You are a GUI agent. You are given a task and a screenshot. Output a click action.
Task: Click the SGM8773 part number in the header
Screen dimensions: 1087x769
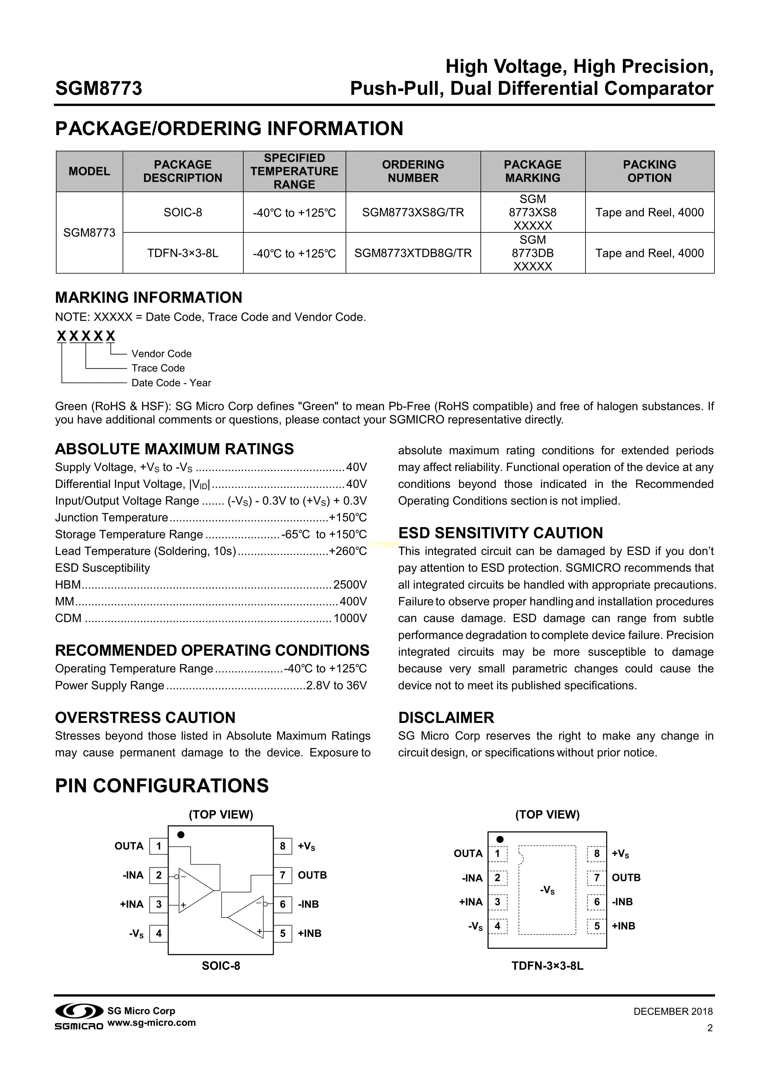[99, 89]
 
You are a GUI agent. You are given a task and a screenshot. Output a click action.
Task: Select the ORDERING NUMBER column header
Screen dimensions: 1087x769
[413, 171]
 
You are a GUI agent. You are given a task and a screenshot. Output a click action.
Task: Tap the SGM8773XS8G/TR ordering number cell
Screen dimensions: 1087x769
[413, 213]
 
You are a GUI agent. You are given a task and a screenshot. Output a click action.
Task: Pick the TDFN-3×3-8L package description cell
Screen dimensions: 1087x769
[183, 253]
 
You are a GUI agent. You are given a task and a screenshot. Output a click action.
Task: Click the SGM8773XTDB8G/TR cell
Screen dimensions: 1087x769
[413, 253]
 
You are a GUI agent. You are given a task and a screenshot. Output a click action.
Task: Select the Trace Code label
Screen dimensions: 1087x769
[158, 368]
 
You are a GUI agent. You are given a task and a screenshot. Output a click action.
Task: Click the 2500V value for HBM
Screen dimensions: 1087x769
[350, 585]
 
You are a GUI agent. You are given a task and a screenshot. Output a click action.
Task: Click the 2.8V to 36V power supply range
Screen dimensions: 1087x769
[336, 685]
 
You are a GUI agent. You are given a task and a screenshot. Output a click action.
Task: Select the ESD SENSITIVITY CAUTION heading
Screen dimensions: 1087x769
[501, 533]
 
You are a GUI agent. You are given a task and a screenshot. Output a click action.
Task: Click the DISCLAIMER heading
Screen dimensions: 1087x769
[446, 718]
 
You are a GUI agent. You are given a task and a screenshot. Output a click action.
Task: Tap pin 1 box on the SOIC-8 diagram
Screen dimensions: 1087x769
[159, 846]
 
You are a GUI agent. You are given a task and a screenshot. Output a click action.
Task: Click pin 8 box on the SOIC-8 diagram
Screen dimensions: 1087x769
[283, 846]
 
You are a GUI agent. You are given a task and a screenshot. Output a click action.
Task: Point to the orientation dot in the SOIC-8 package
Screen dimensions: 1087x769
[181, 835]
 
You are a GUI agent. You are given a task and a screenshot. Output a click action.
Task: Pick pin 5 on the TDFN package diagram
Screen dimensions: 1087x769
[597, 926]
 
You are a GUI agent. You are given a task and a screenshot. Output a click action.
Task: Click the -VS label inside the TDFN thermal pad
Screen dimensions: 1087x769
[547, 891]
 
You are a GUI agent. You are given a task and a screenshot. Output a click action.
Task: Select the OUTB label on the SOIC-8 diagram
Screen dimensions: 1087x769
[312, 875]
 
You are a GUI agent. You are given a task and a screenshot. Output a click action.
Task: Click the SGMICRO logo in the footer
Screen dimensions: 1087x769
[79, 1016]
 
